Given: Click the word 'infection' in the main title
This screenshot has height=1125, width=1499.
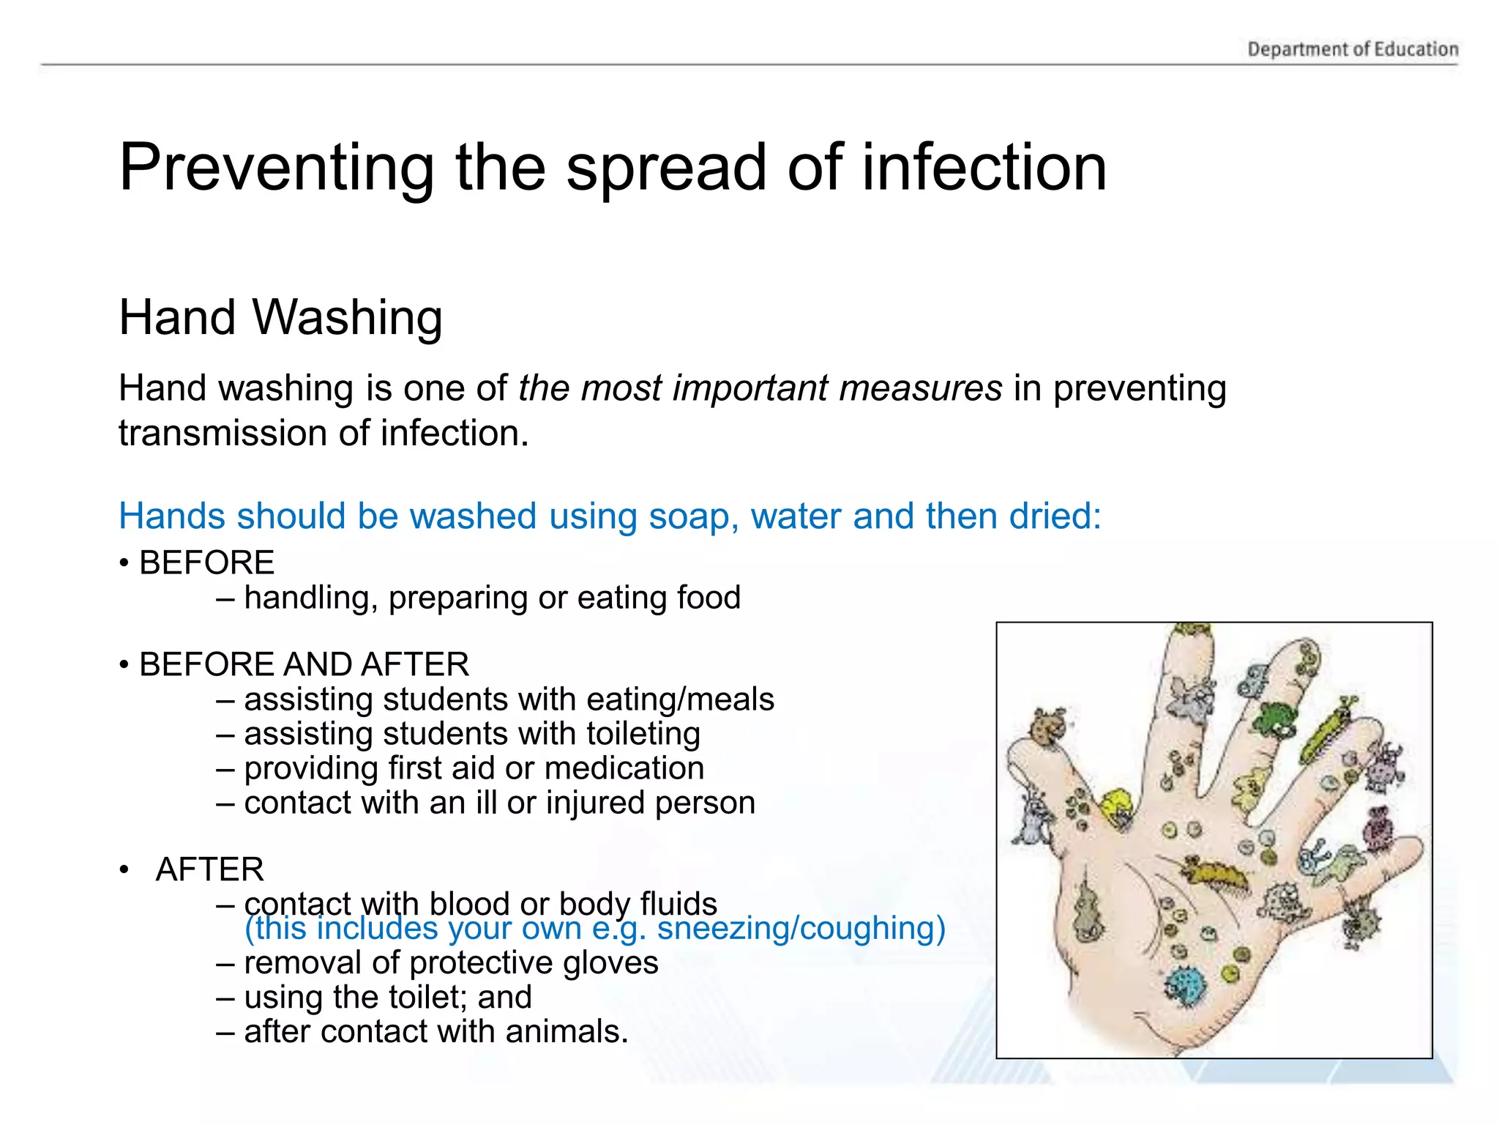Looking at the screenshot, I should point(984,168).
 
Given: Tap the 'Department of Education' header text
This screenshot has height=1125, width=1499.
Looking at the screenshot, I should point(1353,49).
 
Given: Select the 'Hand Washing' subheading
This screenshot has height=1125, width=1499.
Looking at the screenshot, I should point(280,317).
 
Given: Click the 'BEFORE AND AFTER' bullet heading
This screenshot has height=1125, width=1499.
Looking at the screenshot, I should point(304,664).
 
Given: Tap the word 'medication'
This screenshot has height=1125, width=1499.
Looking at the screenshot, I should point(624,768).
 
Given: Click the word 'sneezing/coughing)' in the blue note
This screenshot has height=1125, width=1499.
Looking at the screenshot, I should point(801,928).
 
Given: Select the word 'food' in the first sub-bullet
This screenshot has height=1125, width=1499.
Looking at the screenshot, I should point(709,597).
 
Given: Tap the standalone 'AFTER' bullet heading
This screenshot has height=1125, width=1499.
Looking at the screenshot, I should point(209,869).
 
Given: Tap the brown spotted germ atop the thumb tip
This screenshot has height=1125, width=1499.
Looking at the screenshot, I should point(1045,726).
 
